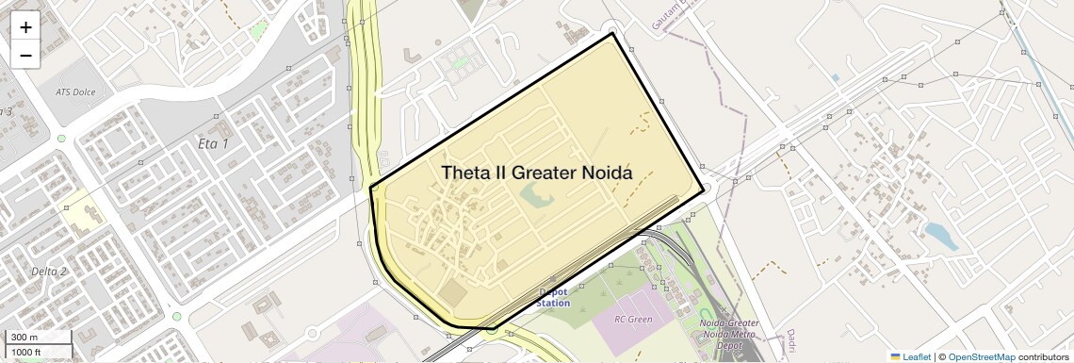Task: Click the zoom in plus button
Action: tap(25, 27)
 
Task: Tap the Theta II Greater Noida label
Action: tap(536, 173)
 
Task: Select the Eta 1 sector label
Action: tap(213, 143)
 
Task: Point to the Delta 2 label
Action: tap(49, 272)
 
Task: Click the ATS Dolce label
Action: tap(77, 92)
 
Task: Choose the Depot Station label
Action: tap(553, 298)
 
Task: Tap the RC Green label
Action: tap(633, 319)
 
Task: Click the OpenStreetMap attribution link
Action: tap(981, 356)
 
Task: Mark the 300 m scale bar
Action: tap(38, 338)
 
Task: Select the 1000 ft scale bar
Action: tap(38, 352)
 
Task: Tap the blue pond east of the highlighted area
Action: tap(940, 236)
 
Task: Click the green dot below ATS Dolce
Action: tap(61, 139)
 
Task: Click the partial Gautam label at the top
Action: tap(675, 18)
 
